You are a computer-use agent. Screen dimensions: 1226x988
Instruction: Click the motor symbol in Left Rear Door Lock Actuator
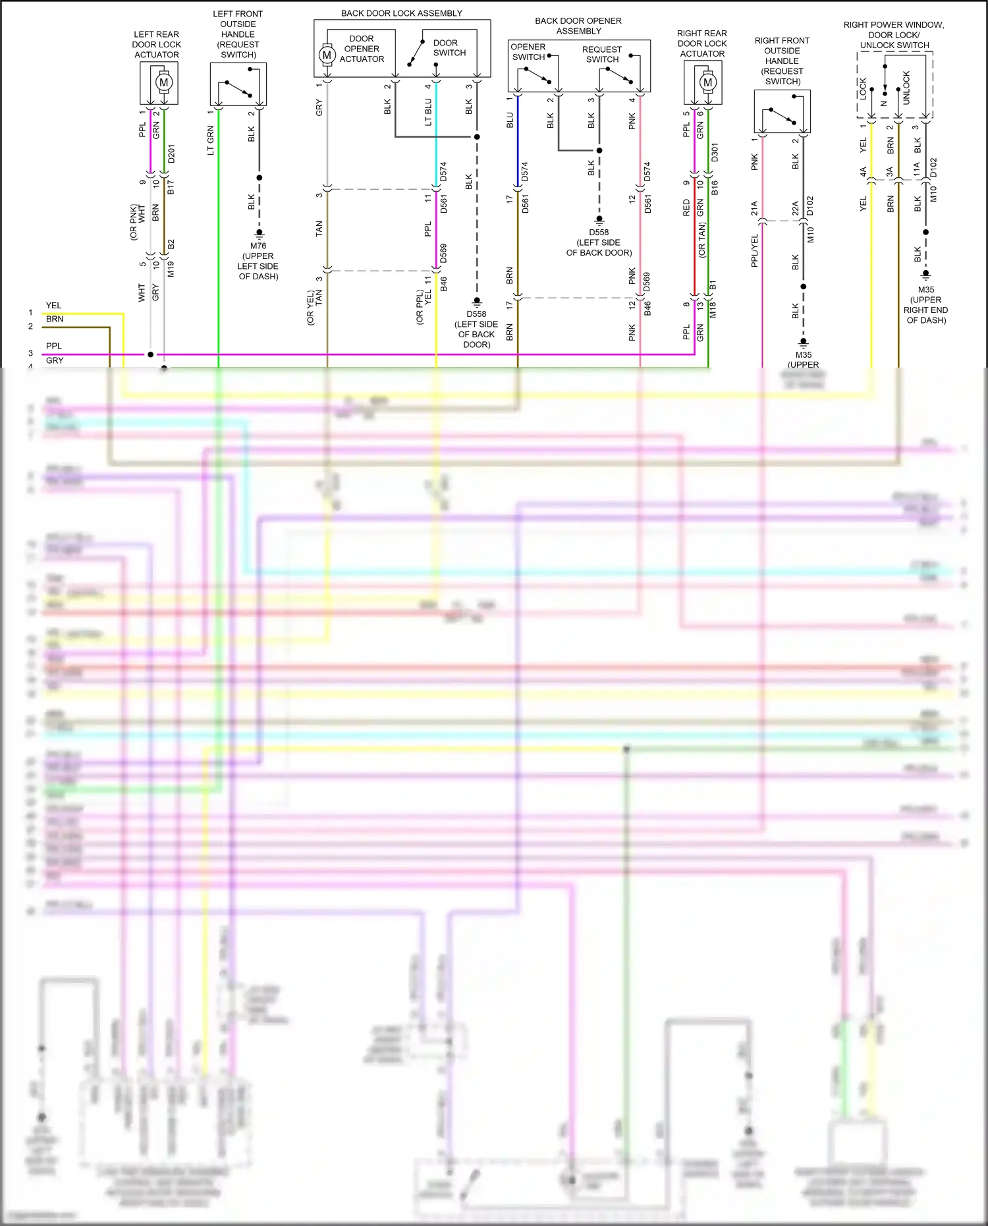click(163, 82)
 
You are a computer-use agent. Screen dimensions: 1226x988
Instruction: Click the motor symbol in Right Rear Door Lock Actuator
click(707, 82)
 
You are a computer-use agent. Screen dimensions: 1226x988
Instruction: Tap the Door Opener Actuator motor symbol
click(327, 55)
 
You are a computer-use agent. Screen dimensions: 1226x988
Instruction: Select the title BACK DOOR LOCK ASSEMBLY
click(401, 13)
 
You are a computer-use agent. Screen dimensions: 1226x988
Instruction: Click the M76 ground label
click(258, 246)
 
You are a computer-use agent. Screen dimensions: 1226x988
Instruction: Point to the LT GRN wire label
click(211, 140)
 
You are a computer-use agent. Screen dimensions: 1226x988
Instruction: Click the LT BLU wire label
click(428, 112)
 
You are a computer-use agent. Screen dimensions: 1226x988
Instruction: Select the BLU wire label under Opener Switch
click(510, 120)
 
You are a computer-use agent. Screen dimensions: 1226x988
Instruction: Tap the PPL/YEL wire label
click(755, 250)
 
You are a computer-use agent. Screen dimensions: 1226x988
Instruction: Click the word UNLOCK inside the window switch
click(906, 88)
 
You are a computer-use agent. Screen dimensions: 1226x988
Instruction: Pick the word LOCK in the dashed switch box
click(863, 89)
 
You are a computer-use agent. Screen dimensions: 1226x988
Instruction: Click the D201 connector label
click(172, 153)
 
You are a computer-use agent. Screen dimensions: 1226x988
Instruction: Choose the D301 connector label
click(715, 152)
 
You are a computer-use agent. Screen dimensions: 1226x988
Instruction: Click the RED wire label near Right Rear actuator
click(686, 208)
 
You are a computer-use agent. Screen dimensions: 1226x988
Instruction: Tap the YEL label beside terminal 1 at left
click(53, 306)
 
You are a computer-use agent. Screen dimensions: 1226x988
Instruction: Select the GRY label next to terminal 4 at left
click(55, 360)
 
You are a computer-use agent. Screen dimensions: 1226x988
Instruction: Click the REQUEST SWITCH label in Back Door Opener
click(602, 54)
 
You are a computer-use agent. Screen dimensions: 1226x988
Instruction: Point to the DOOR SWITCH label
click(449, 47)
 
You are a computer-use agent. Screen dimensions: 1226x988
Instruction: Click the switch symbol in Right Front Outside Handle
click(782, 117)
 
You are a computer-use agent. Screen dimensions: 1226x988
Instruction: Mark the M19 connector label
click(171, 269)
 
